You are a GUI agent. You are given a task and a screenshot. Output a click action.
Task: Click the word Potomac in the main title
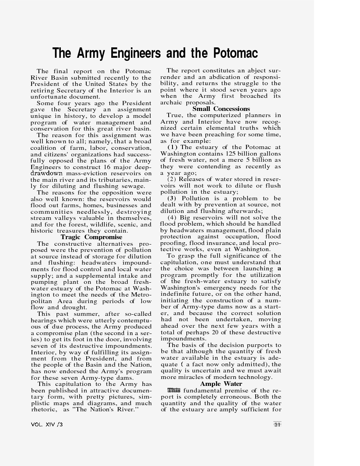(235, 53)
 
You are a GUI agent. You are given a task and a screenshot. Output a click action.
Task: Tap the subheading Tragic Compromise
(91, 237)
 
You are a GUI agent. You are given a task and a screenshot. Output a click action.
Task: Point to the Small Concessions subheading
(221, 109)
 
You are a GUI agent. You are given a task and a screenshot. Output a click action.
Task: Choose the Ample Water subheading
(221, 384)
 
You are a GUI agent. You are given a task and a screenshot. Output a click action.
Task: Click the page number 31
(277, 424)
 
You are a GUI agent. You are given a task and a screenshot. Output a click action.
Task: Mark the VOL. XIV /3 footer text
(47, 424)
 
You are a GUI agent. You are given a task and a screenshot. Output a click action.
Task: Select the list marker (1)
(172, 147)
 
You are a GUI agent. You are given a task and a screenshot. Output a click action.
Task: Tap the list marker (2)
(172, 179)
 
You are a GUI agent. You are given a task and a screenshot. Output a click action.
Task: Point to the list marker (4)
(172, 218)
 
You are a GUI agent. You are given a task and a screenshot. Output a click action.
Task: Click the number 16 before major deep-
(108, 167)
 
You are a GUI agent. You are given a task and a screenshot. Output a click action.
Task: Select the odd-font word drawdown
(46, 173)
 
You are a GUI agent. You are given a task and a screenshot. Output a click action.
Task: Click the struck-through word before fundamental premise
(174, 391)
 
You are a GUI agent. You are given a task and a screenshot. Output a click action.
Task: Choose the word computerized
(225, 115)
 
